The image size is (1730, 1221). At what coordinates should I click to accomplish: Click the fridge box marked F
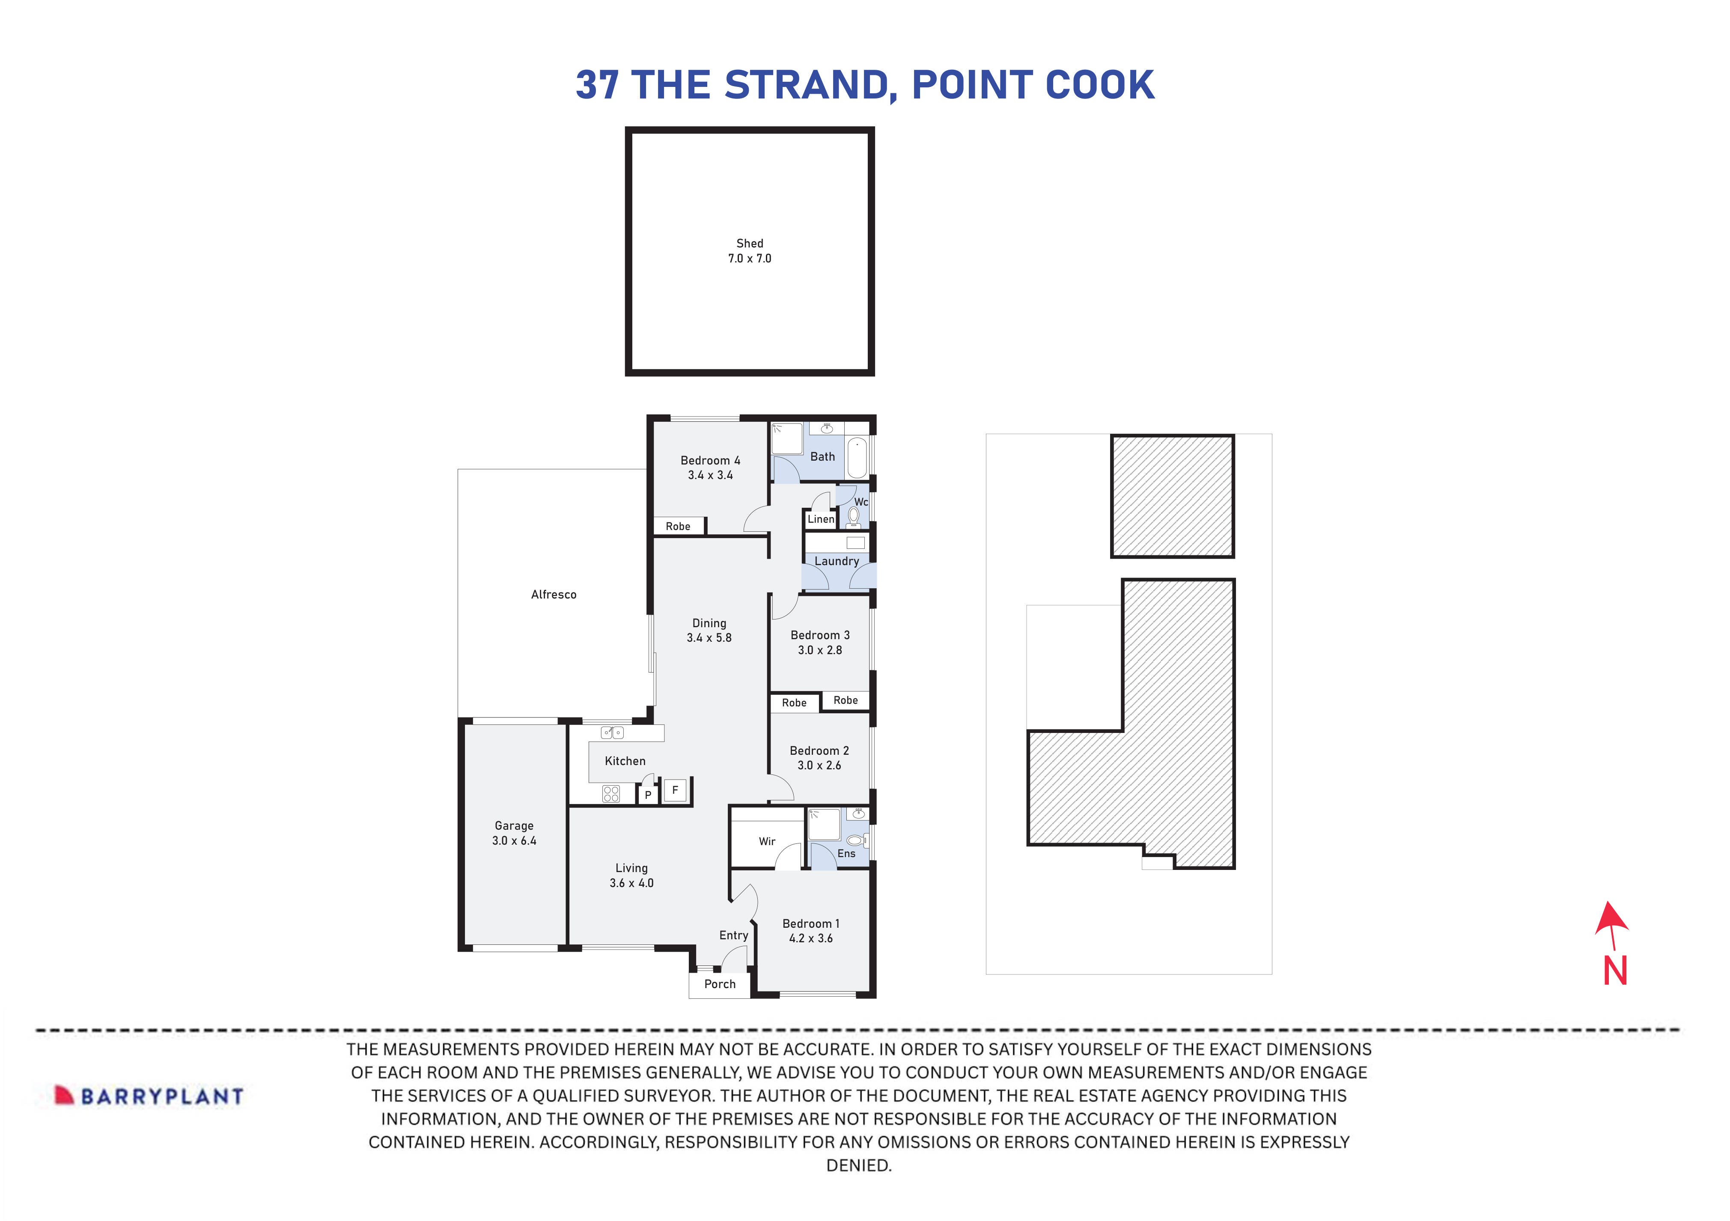click(x=675, y=790)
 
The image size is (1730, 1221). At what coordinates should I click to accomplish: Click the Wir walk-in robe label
click(x=767, y=842)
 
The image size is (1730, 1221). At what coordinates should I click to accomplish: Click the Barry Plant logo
click(x=149, y=1096)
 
